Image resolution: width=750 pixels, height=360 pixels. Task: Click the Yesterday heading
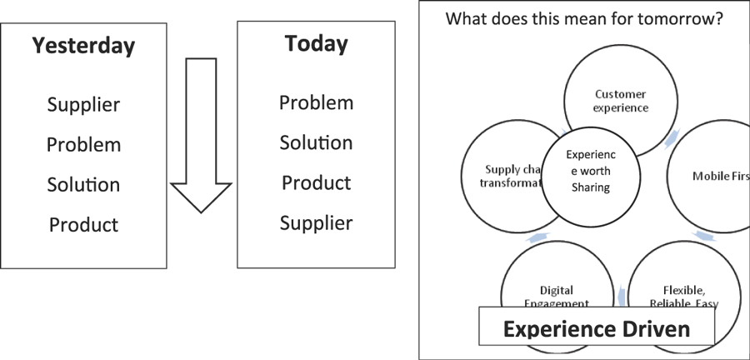click(x=83, y=46)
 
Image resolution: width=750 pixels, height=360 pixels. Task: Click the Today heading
click(x=316, y=43)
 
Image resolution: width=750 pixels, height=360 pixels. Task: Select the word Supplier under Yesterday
click(x=83, y=105)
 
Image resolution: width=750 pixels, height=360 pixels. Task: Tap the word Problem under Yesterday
click(x=83, y=145)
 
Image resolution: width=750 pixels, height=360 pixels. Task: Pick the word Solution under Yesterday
click(x=83, y=184)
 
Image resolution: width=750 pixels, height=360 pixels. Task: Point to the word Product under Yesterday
click(x=83, y=224)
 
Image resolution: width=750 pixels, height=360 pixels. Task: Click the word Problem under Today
click(x=316, y=103)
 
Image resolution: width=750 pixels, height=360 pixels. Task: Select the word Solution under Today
click(x=316, y=142)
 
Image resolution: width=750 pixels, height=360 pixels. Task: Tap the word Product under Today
click(x=316, y=182)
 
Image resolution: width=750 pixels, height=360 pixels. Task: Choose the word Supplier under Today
click(x=316, y=222)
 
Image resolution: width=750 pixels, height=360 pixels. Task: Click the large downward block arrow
click(x=201, y=142)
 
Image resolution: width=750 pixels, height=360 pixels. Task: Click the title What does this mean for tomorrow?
click(x=583, y=18)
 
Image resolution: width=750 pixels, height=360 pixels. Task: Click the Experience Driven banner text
click(x=597, y=328)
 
